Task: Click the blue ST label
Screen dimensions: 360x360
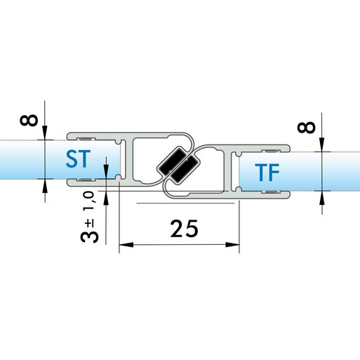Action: pos(79,159)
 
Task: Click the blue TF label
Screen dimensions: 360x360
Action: pos(267,173)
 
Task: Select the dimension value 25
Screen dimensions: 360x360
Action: pos(185,229)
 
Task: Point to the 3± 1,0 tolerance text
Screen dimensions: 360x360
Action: pos(89,217)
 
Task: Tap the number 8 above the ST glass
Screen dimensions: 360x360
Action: pos(29,120)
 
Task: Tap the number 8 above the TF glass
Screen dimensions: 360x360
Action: pos(306,128)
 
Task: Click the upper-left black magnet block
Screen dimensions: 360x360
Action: pos(172,161)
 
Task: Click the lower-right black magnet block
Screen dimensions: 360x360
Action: pos(184,168)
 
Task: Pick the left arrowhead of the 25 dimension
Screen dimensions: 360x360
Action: pos(126,245)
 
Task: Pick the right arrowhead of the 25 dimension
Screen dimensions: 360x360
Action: pos(232,245)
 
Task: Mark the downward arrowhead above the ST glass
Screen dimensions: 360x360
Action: pos(45,133)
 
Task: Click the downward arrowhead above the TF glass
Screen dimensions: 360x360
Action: pos(322,145)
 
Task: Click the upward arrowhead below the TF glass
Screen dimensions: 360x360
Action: pos(322,198)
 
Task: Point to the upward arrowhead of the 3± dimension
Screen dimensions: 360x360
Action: pos(106,198)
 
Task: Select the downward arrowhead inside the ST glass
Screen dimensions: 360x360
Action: pos(106,172)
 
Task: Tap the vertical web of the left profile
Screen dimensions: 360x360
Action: pos(128,160)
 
